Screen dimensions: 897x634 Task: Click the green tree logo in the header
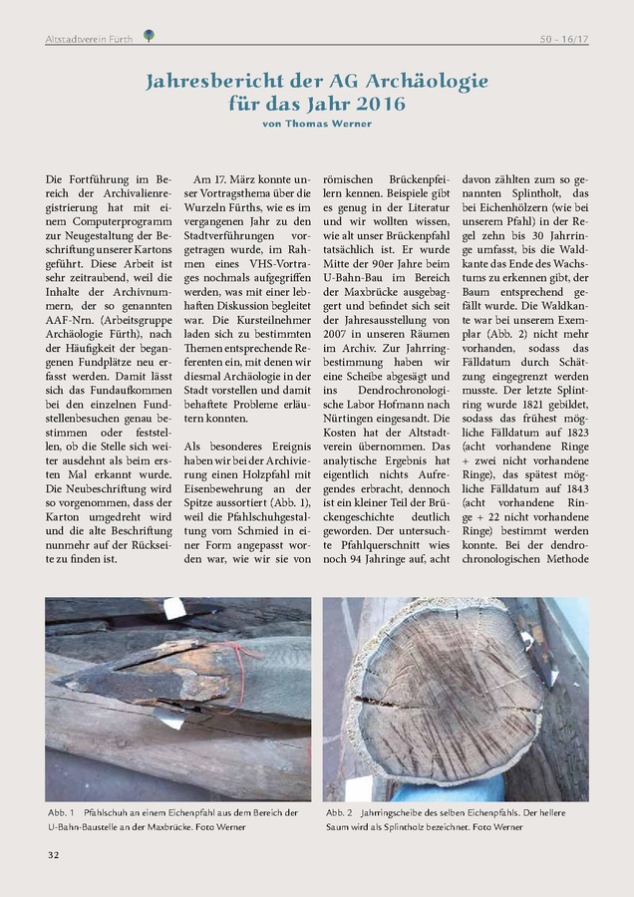pyautogui.click(x=149, y=36)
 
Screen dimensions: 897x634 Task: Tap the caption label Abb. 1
pyautogui.click(x=60, y=813)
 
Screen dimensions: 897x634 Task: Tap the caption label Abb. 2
pyautogui.click(x=338, y=813)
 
